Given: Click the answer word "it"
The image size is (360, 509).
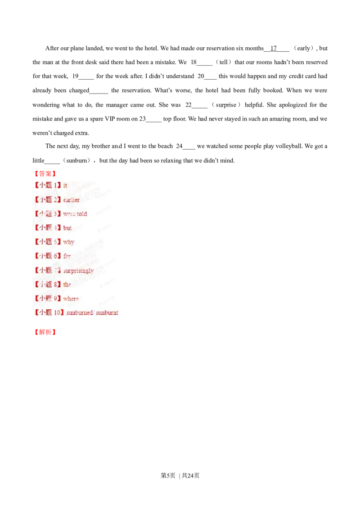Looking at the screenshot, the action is click(x=65, y=185).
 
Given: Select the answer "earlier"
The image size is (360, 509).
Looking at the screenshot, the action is click(x=72, y=200).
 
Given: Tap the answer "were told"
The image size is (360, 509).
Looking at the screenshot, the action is click(x=75, y=214).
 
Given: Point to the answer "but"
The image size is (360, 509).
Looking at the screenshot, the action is click(x=67, y=228).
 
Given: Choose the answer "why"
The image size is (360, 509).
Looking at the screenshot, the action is click(x=69, y=242).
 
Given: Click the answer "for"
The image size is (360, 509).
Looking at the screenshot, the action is click(x=67, y=256).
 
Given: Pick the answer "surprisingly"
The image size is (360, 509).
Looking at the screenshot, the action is click(x=78, y=270).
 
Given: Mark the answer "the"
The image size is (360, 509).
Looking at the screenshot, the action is click(x=67, y=284).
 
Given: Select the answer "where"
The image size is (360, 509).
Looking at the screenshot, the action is click(x=71, y=299).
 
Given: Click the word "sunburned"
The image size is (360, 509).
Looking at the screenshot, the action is click(x=80, y=313).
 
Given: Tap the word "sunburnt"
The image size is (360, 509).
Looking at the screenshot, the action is click(x=107, y=313).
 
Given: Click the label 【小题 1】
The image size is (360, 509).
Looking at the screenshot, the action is click(x=47, y=185).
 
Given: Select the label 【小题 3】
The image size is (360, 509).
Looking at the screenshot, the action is click(x=47, y=214).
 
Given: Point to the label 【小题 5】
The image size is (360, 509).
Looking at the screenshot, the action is click(x=47, y=242).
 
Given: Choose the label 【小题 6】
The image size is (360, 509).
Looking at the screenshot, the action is click(x=47, y=256).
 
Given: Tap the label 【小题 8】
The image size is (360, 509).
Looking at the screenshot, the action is click(x=47, y=284).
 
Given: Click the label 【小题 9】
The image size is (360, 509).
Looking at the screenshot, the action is click(x=47, y=299).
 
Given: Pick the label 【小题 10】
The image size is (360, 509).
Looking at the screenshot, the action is click(x=49, y=313).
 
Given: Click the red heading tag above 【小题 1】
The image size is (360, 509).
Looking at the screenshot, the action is click(x=45, y=174).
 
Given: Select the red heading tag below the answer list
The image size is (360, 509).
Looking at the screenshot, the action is click(x=45, y=333).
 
